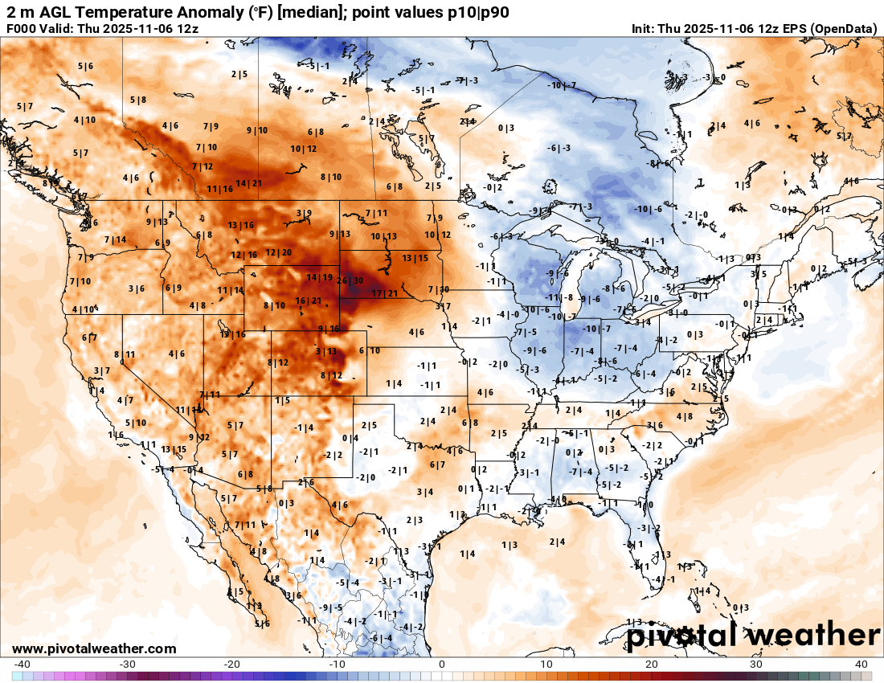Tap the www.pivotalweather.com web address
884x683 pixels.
(x=94, y=648)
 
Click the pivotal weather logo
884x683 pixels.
(x=753, y=636)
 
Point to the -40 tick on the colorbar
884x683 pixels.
(x=23, y=665)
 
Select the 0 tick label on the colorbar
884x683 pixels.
(x=441, y=665)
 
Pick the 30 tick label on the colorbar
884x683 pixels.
(x=756, y=665)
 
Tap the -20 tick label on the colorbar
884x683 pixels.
(x=231, y=665)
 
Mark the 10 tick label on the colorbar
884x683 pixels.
(x=546, y=665)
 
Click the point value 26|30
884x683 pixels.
(x=350, y=280)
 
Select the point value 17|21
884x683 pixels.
(x=384, y=293)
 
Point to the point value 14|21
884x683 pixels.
(x=249, y=183)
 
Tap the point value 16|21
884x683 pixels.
(x=309, y=301)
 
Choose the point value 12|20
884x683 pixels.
(x=279, y=253)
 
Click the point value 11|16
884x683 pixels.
(x=219, y=189)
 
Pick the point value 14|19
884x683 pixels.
(x=319, y=277)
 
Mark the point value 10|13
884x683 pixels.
(x=384, y=236)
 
